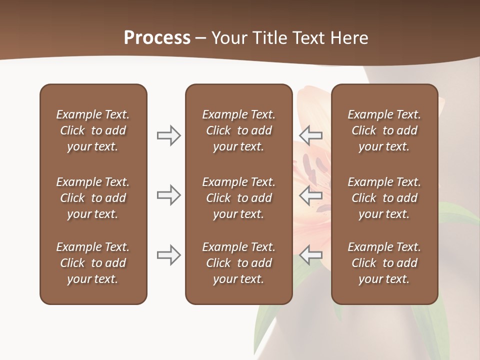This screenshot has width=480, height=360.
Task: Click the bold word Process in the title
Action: (157, 38)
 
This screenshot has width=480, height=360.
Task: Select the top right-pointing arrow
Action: (168, 135)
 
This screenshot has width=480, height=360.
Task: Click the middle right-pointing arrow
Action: (168, 195)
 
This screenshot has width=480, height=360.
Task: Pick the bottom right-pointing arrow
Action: (168, 255)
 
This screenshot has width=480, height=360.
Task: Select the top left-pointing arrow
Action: (311, 135)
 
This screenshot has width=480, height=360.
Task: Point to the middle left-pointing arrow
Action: (311, 195)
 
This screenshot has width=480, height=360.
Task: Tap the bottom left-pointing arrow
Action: (311, 255)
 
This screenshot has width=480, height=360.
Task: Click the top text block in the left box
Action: (93, 130)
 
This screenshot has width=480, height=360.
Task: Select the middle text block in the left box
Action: (93, 198)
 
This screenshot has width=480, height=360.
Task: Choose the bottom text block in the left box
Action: (93, 263)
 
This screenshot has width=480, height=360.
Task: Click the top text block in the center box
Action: (238, 130)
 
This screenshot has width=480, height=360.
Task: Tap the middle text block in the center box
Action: (238, 198)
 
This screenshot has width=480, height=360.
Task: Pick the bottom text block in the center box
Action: (238, 263)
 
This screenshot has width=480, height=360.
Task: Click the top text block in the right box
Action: (384, 130)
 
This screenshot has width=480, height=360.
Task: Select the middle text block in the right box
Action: (384, 198)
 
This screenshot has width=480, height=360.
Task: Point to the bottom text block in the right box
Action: (384, 263)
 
